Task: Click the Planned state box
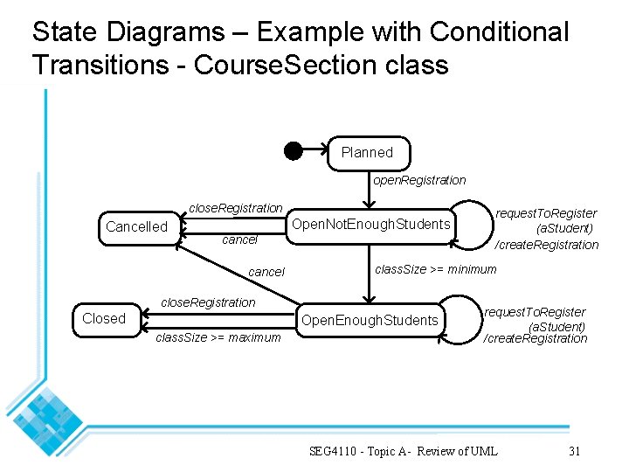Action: (367, 152)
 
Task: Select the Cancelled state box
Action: (136, 226)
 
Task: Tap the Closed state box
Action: (104, 318)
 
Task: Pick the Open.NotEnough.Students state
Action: (371, 225)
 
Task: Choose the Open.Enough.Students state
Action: (370, 320)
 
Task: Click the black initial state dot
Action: (294, 150)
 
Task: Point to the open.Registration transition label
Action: (419, 180)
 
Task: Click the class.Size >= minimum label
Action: (435, 269)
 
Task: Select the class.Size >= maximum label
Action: (218, 337)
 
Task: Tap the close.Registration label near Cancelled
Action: (236, 208)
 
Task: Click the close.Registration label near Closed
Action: (209, 302)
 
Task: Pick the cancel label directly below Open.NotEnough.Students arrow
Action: (240, 239)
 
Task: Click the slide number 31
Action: (574, 451)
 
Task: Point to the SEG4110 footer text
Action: (403, 451)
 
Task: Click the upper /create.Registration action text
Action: (547, 245)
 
